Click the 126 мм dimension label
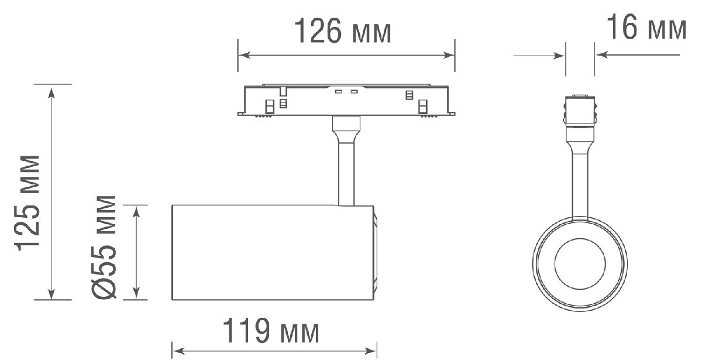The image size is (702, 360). coord(342,32)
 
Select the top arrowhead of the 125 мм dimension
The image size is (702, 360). coord(52,91)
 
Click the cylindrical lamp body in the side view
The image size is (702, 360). coord(269,253)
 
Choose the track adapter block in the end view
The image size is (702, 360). coord(580,111)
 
